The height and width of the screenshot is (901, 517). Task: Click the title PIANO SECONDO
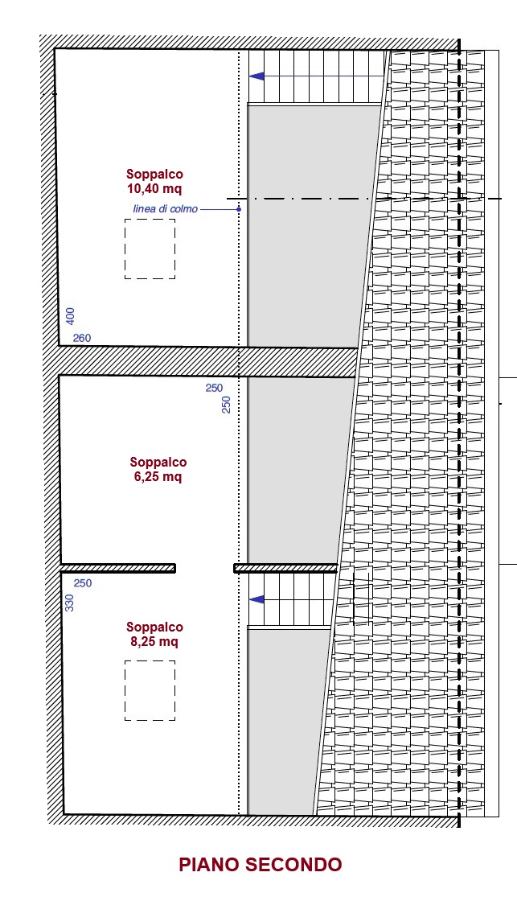(x=261, y=864)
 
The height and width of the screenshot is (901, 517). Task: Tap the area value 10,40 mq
(x=154, y=188)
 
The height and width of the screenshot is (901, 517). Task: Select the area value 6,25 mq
(x=158, y=476)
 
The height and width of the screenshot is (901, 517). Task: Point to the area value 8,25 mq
(x=154, y=641)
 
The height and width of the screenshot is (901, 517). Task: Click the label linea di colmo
(x=166, y=209)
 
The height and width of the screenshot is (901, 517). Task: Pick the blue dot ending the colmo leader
(x=238, y=209)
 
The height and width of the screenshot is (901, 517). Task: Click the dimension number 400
(x=70, y=316)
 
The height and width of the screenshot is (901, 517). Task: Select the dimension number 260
(x=81, y=338)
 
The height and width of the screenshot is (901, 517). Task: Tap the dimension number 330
(x=69, y=603)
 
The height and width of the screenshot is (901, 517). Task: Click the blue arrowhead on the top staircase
(x=256, y=76)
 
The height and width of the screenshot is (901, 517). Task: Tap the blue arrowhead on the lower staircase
(x=256, y=599)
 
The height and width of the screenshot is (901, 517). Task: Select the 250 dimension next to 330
(x=83, y=583)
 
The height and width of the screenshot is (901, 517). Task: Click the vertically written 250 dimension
(x=226, y=405)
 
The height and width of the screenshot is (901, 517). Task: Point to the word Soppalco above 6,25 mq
(x=158, y=462)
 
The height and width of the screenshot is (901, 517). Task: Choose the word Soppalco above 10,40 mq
(x=154, y=174)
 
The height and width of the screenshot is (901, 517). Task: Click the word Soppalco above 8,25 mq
(x=154, y=627)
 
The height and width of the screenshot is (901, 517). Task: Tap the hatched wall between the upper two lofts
(x=207, y=361)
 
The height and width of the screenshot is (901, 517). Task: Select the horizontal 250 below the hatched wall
(x=214, y=388)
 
